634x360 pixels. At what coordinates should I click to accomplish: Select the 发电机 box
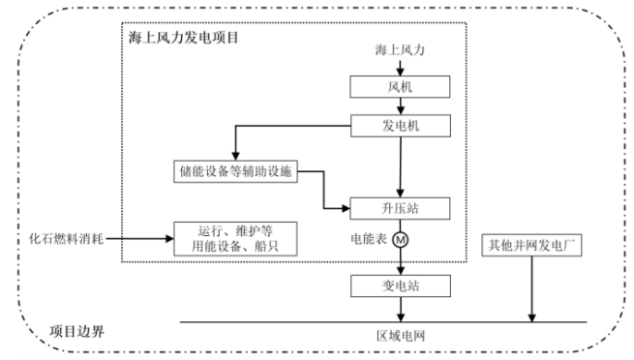coord(400,126)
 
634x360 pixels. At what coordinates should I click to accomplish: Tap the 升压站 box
coord(400,206)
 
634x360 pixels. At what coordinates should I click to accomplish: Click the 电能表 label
coord(368,238)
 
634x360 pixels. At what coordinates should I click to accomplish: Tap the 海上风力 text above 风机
coord(400,48)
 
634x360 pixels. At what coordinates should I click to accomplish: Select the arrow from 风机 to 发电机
coord(400,107)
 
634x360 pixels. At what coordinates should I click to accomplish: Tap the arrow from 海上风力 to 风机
coord(400,67)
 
